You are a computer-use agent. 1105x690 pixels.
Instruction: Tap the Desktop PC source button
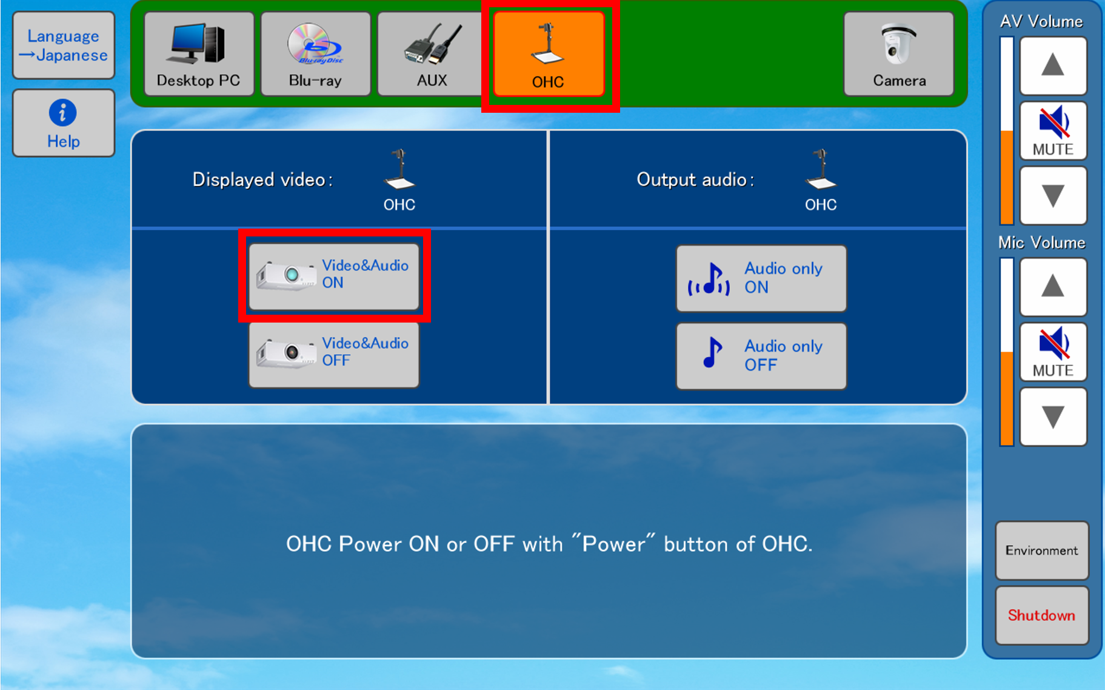pyautogui.click(x=199, y=54)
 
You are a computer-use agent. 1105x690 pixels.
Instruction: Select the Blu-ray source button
pyautogui.click(x=315, y=54)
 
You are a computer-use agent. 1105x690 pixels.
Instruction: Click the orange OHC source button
pyautogui.click(x=549, y=54)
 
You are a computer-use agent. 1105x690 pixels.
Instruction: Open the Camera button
pyautogui.click(x=899, y=54)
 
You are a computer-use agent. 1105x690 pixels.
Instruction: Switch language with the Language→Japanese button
pyautogui.click(x=64, y=45)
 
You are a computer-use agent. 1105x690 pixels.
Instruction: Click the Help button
pyautogui.click(x=64, y=123)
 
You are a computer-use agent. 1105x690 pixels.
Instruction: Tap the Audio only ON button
pyautogui.click(x=761, y=278)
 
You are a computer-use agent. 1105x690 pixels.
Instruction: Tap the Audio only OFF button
pyautogui.click(x=761, y=356)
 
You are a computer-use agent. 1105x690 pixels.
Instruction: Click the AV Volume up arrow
pyautogui.click(x=1053, y=65)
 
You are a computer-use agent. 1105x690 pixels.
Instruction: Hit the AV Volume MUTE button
pyautogui.click(x=1053, y=131)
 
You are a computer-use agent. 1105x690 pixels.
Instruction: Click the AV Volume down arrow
pyautogui.click(x=1053, y=196)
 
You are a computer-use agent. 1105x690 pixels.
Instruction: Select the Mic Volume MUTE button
pyautogui.click(x=1053, y=352)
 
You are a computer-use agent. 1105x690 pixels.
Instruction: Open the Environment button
pyautogui.click(x=1042, y=551)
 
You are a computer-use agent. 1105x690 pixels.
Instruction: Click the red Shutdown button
pyautogui.click(x=1042, y=615)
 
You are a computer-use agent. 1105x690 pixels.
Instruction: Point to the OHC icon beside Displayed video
pyautogui.click(x=399, y=169)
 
